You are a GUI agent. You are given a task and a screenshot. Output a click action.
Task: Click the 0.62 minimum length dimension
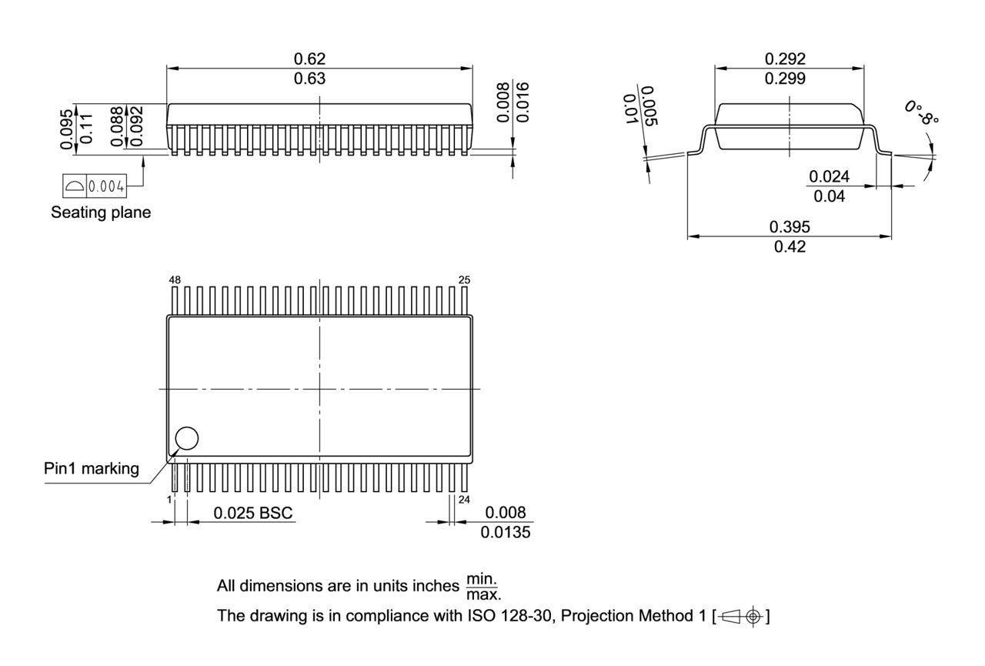pos(310,59)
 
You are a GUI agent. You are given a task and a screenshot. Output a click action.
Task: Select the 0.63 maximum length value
pos(310,79)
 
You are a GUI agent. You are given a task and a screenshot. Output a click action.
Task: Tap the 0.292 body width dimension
pos(785,59)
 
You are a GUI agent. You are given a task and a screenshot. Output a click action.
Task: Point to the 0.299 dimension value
pos(785,79)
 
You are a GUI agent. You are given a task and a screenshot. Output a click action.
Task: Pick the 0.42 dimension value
pos(790,247)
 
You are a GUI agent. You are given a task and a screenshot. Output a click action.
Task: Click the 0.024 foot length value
pos(829,176)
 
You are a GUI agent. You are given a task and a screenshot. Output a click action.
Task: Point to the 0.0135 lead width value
pos(506,532)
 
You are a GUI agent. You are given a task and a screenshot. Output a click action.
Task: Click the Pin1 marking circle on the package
pos(187,438)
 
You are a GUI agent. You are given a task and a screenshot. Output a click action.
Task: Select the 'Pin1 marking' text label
pos(92,469)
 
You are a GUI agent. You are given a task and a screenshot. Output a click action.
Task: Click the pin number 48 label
pos(175,280)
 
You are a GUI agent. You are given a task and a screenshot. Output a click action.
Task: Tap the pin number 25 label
pos(464,280)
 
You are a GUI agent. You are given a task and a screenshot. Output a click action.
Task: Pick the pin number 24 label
pos(464,500)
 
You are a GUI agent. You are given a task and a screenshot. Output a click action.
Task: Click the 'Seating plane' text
pos(101,213)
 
